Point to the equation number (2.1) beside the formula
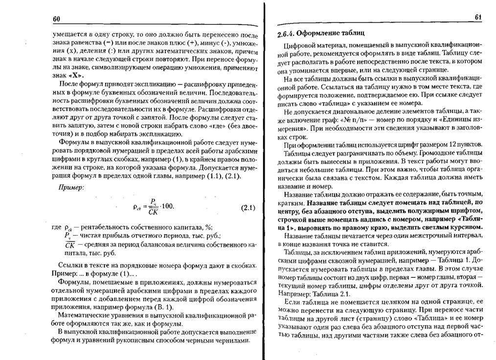(248, 207)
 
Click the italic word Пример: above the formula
(72, 187)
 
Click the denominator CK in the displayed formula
(153, 212)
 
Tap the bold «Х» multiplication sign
(75, 77)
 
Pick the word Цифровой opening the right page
(294, 46)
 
